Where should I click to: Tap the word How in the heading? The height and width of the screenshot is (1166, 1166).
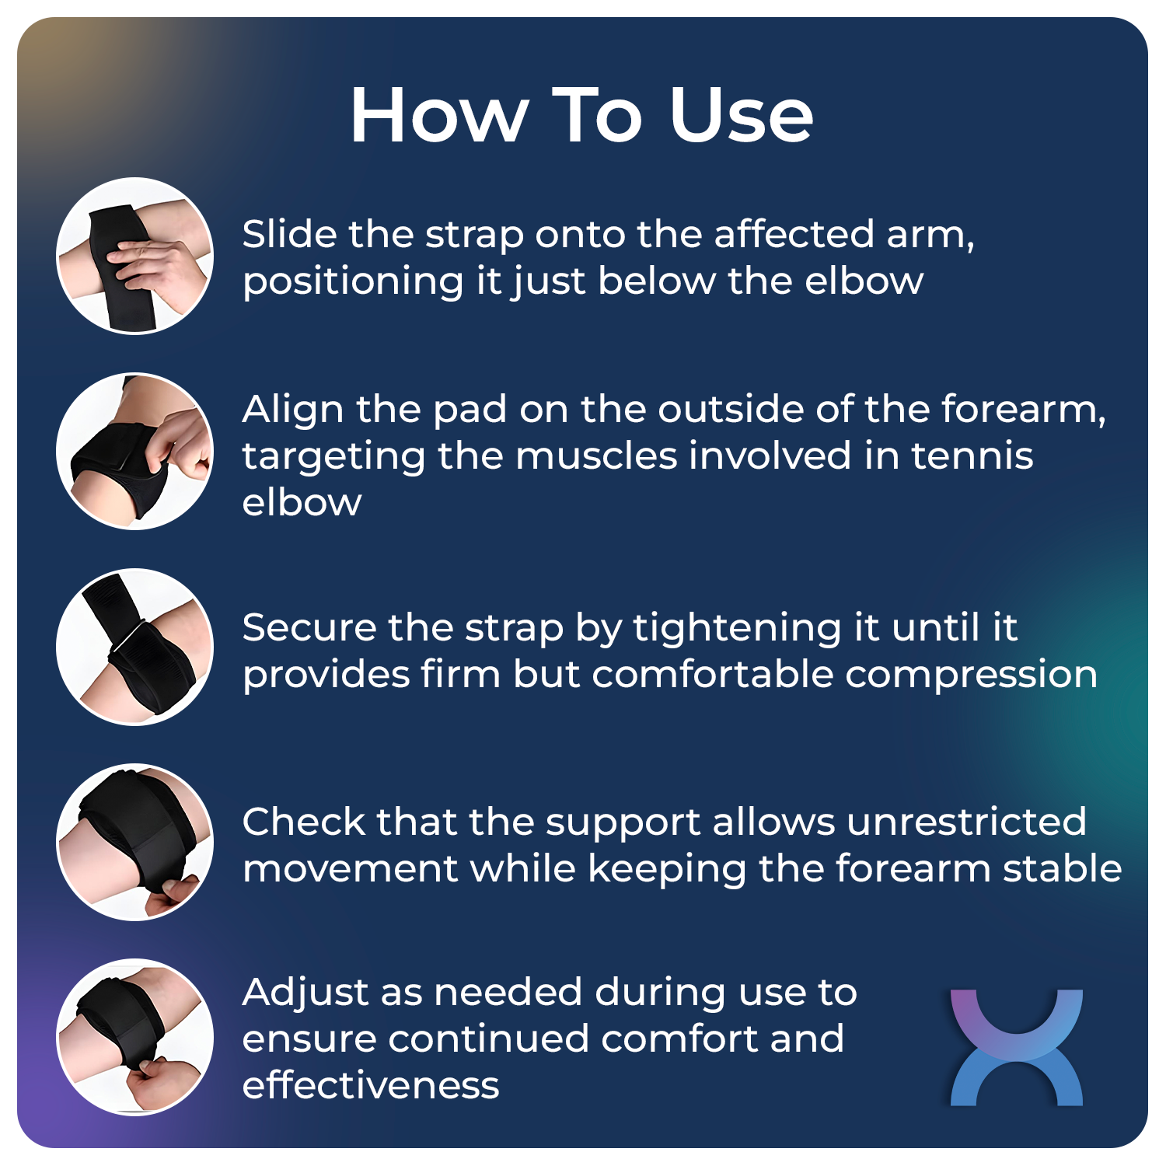(x=438, y=115)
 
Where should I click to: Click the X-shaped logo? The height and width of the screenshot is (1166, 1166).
(x=1016, y=1046)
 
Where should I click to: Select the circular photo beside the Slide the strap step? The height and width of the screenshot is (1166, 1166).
(x=135, y=256)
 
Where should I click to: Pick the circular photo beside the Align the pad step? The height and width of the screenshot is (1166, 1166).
(x=135, y=451)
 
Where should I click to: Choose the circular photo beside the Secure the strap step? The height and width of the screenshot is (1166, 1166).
(x=135, y=647)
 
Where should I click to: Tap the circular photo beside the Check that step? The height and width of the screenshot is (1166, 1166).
(x=135, y=842)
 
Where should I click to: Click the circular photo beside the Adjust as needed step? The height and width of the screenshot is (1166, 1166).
(x=135, y=1037)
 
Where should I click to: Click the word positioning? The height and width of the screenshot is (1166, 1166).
(x=353, y=282)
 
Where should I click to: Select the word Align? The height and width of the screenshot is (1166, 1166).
(x=291, y=410)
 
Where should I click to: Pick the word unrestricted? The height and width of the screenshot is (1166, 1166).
(x=966, y=822)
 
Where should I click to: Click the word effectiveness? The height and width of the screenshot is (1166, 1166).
(x=370, y=1085)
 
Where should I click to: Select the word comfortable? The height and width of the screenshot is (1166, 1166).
(x=713, y=674)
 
